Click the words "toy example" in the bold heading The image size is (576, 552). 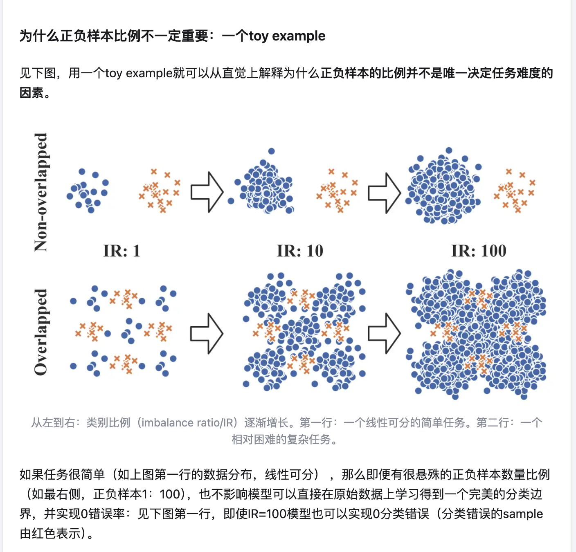287,36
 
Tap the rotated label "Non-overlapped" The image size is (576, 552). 41,192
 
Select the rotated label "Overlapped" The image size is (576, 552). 41,332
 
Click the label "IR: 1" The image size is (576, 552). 122,251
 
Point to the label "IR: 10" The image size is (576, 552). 300,251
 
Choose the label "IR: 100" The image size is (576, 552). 479,251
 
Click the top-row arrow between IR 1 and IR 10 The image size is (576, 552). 207,192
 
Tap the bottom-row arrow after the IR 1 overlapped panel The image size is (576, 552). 207,334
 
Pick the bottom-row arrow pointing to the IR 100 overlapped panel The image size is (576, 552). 384,334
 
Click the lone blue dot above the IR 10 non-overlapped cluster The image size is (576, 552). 271,151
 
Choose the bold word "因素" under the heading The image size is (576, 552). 32,93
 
